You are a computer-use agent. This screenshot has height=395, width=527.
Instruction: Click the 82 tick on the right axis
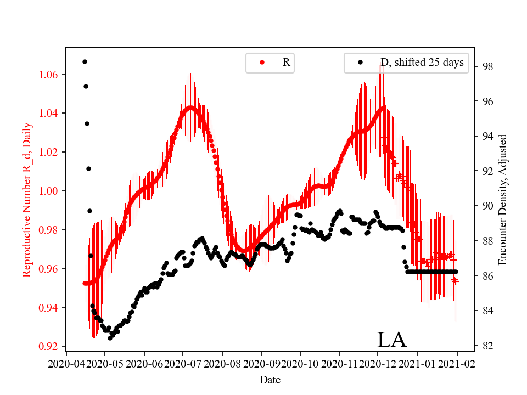click(x=476, y=346)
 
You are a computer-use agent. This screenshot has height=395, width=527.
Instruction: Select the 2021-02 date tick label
click(x=456, y=364)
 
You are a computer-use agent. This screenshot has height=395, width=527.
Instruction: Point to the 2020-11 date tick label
click(x=339, y=364)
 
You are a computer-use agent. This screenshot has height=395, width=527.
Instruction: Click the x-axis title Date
click(x=270, y=379)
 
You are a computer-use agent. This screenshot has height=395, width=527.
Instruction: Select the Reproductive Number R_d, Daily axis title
click(x=26, y=199)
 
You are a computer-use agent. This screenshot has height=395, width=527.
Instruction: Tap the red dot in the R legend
click(x=262, y=63)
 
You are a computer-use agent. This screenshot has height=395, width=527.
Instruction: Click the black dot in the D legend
click(x=360, y=63)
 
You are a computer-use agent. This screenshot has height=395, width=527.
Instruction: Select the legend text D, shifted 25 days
click(x=422, y=63)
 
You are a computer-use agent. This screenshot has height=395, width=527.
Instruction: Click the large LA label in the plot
click(x=391, y=340)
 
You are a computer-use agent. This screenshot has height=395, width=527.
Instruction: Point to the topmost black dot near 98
click(x=85, y=61)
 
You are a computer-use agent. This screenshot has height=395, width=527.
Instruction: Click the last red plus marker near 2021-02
click(x=455, y=280)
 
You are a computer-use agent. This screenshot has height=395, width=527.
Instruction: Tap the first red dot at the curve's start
click(x=85, y=283)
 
